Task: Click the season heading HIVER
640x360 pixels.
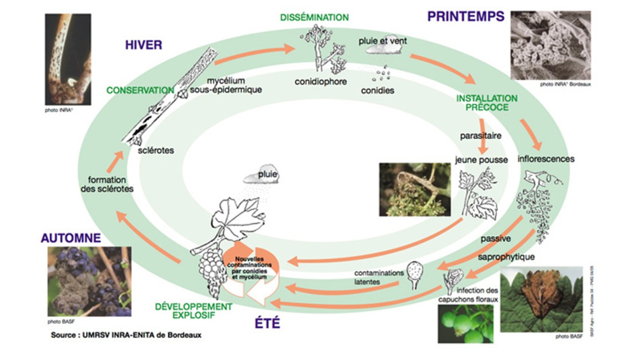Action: tap(143, 45)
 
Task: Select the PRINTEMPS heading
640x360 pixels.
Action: tap(465, 17)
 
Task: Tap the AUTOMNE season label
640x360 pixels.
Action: tap(71, 238)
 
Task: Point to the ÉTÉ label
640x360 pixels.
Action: tap(267, 323)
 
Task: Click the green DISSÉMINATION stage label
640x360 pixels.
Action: tap(314, 17)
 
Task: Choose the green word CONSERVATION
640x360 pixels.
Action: tap(140, 90)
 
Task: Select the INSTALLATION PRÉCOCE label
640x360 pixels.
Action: tap(487, 103)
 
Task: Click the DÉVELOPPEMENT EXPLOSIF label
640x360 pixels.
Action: tap(193, 311)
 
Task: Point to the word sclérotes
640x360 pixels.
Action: tap(156, 150)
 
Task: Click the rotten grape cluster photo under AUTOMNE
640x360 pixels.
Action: tap(89, 281)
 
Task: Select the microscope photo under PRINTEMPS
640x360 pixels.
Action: tap(550, 45)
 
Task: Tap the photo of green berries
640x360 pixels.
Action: tap(465, 324)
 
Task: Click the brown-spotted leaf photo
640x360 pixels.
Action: tap(541, 299)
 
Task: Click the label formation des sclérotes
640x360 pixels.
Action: tap(107, 184)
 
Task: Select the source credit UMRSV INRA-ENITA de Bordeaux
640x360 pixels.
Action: tap(126, 335)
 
